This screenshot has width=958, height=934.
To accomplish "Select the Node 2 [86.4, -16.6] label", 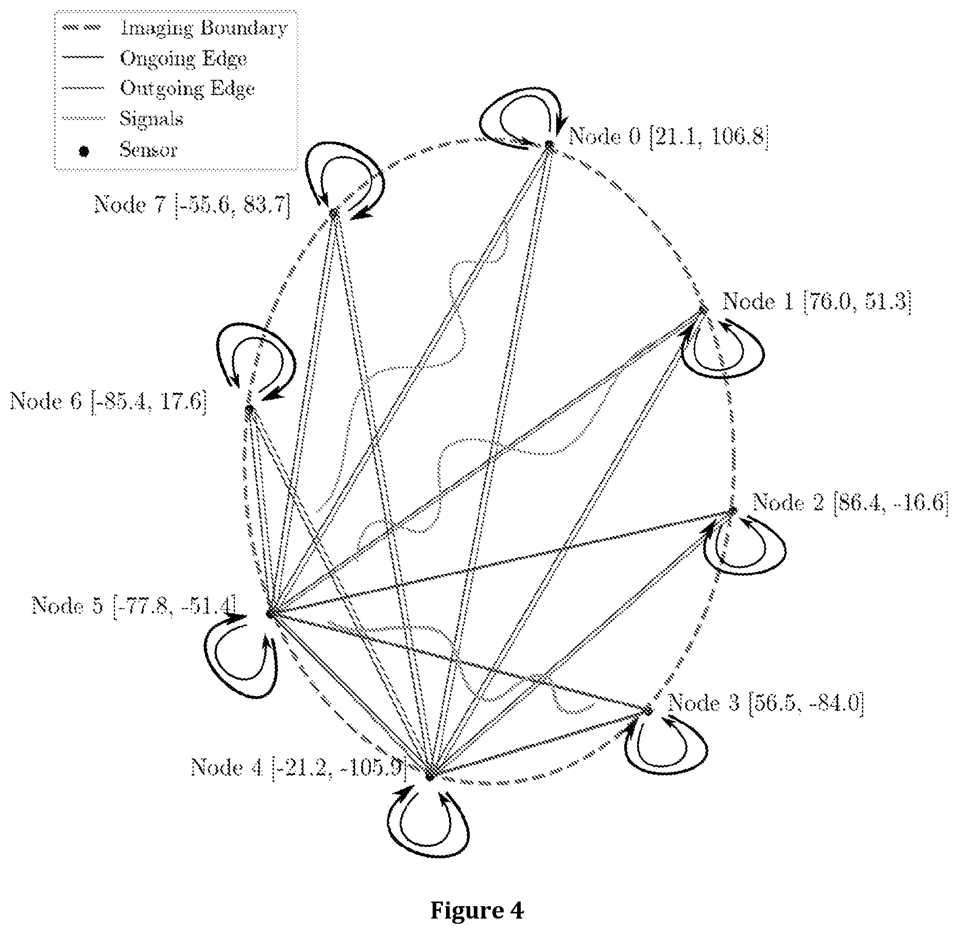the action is [850, 502].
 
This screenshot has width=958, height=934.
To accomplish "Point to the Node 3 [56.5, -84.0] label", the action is [766, 703].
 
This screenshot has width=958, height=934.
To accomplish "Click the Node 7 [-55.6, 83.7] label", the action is [192, 205].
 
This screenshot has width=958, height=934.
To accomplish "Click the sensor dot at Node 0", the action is [550, 146].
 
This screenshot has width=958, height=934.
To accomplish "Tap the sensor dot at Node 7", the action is [334, 213].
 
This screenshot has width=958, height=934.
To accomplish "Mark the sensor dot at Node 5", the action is [269, 613].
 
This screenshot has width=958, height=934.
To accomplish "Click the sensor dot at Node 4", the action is [430, 776].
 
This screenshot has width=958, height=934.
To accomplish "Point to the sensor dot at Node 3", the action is [648, 711].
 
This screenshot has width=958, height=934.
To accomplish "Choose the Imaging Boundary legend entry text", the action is [203, 29].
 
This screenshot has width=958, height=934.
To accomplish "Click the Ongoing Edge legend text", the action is [183, 59].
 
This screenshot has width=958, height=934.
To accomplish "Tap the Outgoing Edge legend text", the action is [187, 89].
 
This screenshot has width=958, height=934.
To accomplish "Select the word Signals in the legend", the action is [151, 119].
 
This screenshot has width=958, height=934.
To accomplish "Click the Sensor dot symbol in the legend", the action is [83, 151].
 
